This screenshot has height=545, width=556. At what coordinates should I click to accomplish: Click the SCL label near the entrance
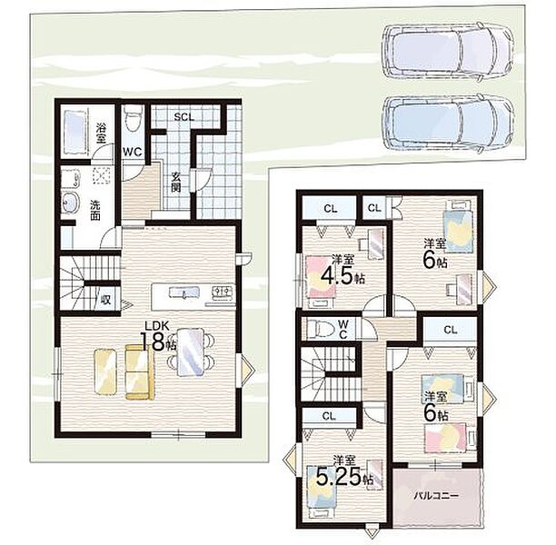184,116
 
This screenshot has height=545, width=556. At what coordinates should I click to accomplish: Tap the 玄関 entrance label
175,183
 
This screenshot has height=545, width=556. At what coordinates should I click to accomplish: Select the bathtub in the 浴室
74,132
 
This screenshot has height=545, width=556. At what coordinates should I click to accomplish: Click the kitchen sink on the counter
184,292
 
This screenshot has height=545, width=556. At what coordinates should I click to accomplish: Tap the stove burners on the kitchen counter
222,292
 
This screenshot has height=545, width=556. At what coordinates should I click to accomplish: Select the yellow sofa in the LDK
140,372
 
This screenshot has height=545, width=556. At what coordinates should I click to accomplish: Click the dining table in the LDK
191,352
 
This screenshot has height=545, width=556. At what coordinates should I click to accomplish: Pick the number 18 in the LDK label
154,342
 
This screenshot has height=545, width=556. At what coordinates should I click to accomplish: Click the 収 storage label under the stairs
105,300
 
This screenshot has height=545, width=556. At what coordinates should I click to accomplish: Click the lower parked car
448,124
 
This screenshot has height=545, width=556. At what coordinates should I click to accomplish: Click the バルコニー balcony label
436,495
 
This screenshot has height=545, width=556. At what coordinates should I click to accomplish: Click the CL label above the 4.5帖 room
330,209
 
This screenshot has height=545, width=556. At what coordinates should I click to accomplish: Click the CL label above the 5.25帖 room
329,416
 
